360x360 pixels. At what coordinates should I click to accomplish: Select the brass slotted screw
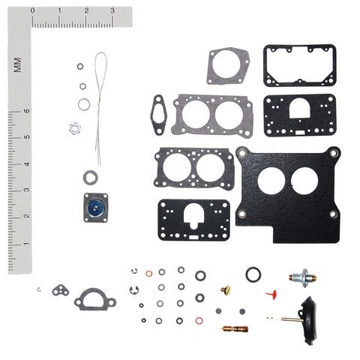click(224, 288)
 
